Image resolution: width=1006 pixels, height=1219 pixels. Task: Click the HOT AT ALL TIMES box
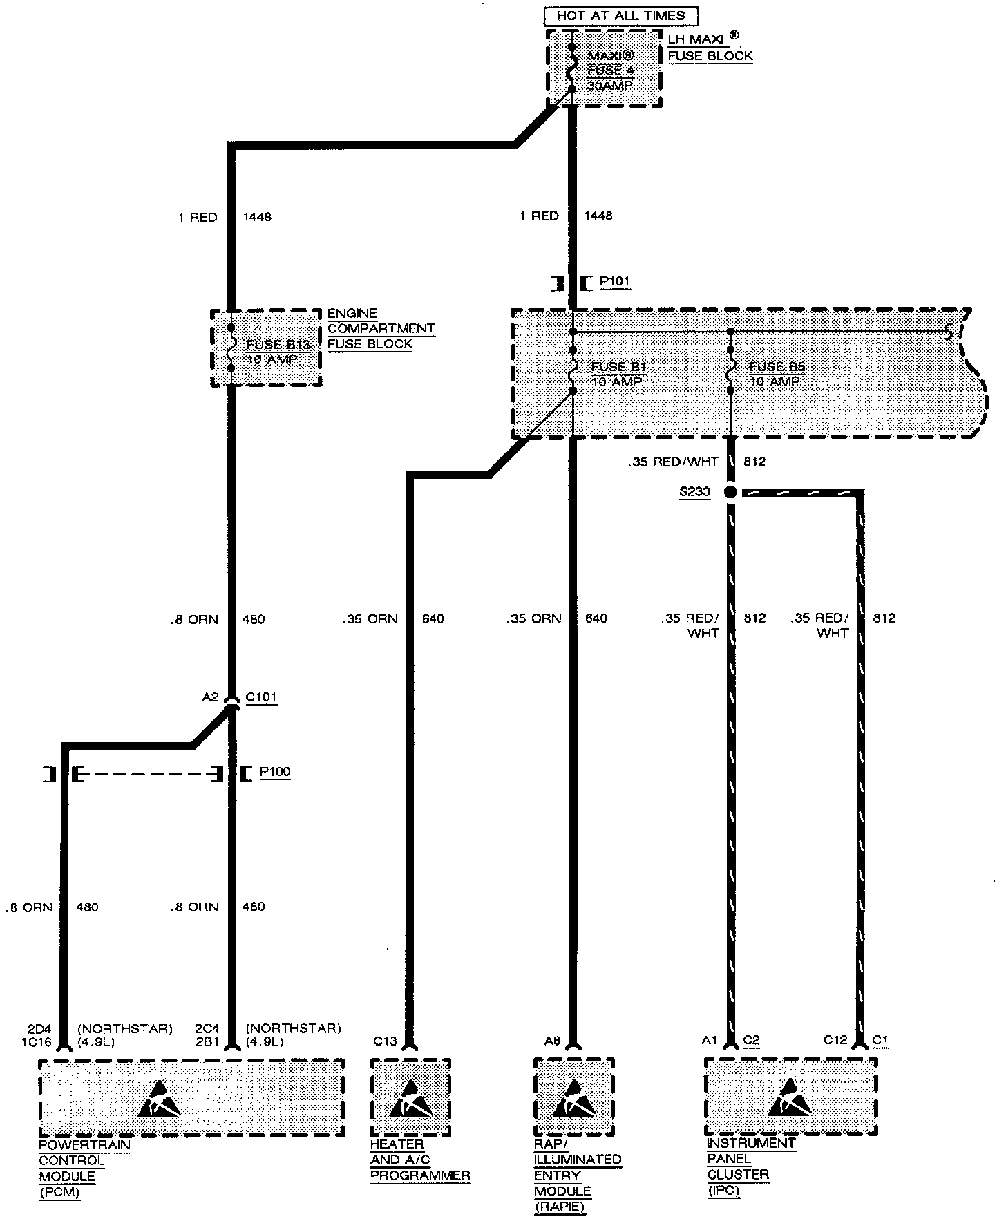coord(620,15)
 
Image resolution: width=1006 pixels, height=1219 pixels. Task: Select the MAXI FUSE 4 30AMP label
coord(611,70)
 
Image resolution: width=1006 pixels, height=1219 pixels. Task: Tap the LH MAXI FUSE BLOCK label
coord(710,48)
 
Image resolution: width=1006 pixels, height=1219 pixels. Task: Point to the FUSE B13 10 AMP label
coord(274,352)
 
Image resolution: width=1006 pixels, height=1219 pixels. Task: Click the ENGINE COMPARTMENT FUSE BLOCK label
coord(380,329)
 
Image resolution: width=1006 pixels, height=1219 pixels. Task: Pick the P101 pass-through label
coord(614,282)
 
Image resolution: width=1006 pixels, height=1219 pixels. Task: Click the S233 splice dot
coord(730,492)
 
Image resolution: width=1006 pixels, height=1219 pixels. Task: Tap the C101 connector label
coord(261,697)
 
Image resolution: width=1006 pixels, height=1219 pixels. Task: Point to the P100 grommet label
coord(275,772)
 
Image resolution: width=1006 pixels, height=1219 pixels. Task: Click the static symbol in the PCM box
coord(160,1099)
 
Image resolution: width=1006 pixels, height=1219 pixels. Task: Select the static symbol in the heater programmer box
coord(410,1099)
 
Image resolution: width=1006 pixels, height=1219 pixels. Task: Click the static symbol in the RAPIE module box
coord(573,1099)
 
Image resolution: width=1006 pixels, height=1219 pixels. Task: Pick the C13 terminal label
coord(385,1041)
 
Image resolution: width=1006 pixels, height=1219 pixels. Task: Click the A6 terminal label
coord(551,1041)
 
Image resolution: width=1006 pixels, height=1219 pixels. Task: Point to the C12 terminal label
coord(835,1040)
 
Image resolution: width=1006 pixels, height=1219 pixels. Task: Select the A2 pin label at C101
coord(210,697)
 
